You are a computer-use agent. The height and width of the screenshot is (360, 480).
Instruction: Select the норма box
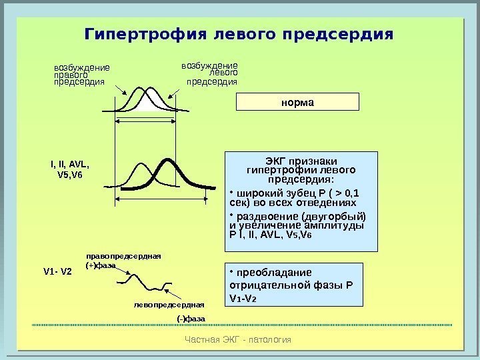(x=298, y=102)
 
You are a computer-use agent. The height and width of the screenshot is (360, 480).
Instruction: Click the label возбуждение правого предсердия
(x=81, y=75)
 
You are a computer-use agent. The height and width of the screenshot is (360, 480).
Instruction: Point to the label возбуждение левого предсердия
(x=211, y=73)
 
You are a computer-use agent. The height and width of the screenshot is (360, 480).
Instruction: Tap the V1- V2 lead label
(x=57, y=271)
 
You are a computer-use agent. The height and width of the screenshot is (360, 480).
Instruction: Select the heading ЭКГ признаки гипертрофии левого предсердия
(x=301, y=169)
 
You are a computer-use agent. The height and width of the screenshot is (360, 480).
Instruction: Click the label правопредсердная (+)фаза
(x=123, y=260)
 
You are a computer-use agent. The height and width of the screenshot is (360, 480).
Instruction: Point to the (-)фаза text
(x=191, y=319)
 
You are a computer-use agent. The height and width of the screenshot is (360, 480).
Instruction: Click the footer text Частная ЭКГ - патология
(x=240, y=339)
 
